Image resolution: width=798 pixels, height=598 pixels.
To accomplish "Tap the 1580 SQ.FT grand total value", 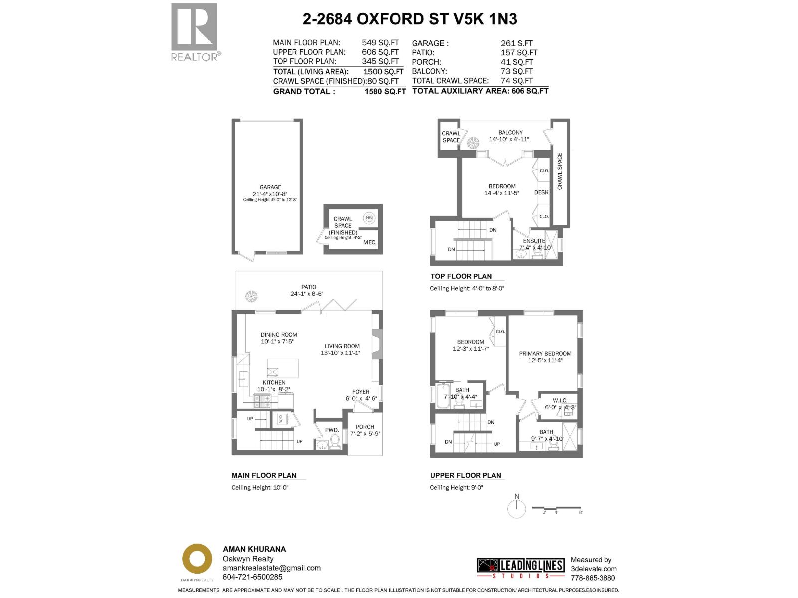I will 385,91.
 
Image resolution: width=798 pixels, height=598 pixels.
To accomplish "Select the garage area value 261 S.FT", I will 517,43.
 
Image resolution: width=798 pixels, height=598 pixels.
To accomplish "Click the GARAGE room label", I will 270,187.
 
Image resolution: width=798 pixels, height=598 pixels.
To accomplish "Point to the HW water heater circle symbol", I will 369,218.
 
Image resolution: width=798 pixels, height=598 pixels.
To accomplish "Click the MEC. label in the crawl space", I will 370,242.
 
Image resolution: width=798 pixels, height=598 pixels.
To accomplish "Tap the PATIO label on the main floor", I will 309,287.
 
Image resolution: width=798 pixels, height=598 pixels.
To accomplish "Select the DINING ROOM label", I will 279,335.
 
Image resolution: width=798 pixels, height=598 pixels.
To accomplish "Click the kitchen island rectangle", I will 283,369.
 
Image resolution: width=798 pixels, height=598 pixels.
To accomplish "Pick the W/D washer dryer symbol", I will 280,419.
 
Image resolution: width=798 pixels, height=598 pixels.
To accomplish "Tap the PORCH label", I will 365,427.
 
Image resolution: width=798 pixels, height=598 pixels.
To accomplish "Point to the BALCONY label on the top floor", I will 510,133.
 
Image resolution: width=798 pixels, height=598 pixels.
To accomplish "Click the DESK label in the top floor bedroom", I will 541,192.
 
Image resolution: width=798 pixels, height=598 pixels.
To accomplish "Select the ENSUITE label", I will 534,241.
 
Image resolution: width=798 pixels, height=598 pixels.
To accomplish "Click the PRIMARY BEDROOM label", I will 545,353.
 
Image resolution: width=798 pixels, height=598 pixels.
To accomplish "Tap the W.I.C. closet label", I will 560,400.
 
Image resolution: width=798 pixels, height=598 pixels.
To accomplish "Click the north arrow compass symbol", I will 517,508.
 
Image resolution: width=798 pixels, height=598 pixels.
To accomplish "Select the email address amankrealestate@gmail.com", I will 272,568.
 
